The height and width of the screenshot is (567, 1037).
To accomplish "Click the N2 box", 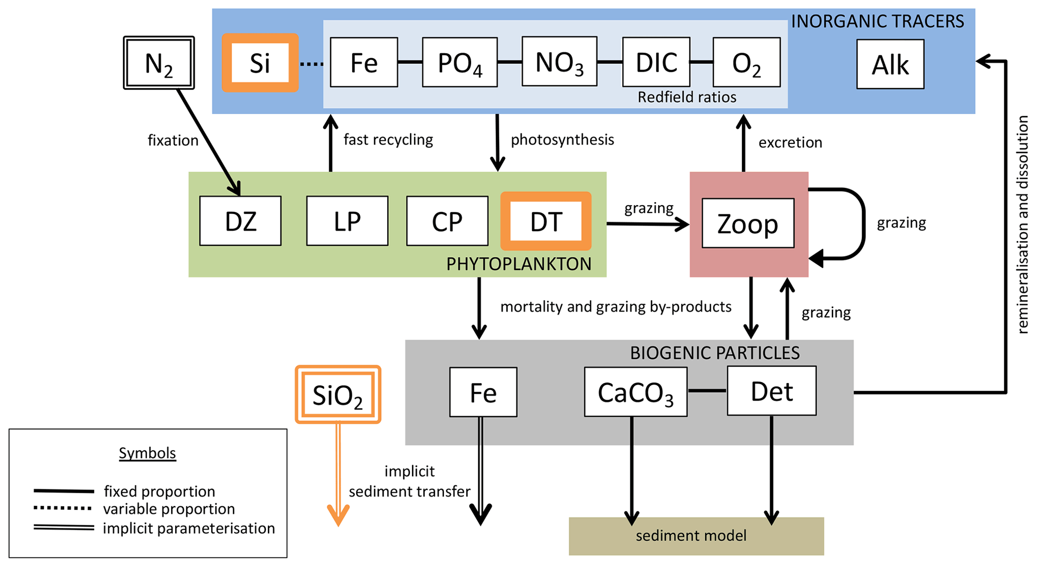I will pos(159,63).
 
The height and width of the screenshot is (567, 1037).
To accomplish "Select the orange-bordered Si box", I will pos(260,63).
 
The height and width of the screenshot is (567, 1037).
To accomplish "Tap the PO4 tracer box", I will pos(460,63).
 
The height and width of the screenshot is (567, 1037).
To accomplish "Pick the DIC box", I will pos(656,62).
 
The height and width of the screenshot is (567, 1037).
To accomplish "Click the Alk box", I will pos(890,64).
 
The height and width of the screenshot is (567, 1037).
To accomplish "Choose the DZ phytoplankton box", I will pos(240,221).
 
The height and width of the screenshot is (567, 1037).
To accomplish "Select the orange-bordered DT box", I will pos(546,221).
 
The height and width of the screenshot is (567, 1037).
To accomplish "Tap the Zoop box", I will pos(748,223).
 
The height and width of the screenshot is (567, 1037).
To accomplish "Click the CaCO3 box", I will pos(635,392).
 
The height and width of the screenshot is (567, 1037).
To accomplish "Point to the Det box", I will pos(771,391).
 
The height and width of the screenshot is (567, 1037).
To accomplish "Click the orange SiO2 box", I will pos(338,395).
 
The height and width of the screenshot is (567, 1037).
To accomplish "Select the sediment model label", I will pos(691,536).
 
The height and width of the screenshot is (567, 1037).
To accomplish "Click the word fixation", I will pos(173,140).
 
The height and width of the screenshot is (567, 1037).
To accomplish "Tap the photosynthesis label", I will pos(562,139).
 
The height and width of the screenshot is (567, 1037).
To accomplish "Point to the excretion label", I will pos(790,143).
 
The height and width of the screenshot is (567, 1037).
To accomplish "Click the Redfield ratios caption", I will pos(686,97).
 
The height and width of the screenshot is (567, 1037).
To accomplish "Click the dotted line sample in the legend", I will pos(63,508).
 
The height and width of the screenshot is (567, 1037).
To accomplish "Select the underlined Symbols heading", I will pos(147,453).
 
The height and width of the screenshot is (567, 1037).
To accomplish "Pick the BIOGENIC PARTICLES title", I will pos(714,353).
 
